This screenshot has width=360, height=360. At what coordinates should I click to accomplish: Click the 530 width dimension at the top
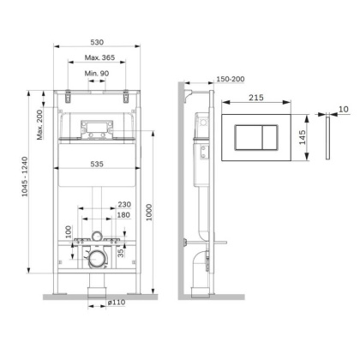(x=96, y=40)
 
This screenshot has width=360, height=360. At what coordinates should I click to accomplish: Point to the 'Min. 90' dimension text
(x=96, y=75)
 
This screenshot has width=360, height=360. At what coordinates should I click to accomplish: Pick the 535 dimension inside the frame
(x=96, y=162)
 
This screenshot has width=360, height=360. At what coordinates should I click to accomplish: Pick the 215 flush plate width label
(x=256, y=99)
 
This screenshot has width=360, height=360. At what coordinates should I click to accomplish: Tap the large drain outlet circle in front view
(x=96, y=255)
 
